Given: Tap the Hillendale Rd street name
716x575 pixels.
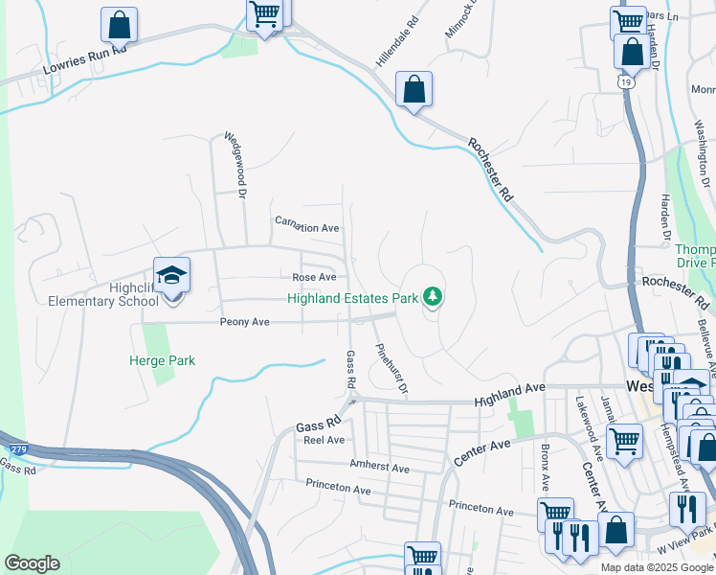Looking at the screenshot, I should [397, 40].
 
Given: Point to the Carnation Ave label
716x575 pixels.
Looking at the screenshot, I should [307, 228].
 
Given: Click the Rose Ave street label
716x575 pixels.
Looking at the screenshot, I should [314, 277].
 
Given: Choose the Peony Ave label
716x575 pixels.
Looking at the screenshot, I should [245, 322].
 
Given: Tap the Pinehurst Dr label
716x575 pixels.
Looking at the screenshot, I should [392, 370].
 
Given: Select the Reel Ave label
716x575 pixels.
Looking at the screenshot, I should [323, 440].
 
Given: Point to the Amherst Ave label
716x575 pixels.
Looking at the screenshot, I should [380, 469].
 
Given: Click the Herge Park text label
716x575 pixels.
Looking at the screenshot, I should [162, 360].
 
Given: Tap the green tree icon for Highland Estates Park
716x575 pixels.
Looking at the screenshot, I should [434, 297].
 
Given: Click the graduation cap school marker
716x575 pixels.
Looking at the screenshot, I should [172, 275].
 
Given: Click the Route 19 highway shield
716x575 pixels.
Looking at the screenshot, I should [624, 83].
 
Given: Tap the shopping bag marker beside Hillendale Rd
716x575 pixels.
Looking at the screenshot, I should [414, 90].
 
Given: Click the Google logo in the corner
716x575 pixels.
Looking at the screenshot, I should [32, 563].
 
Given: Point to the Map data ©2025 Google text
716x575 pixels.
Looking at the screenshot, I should [656, 567].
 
